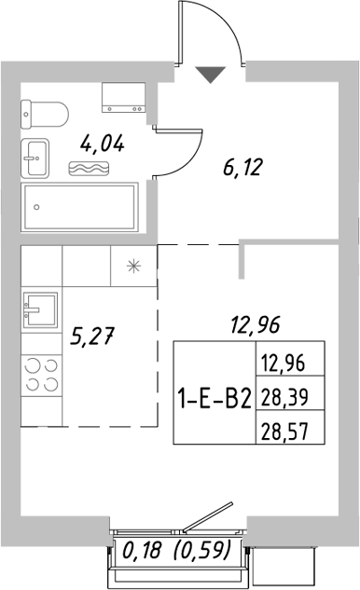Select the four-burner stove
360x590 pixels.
pos(40,375)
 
